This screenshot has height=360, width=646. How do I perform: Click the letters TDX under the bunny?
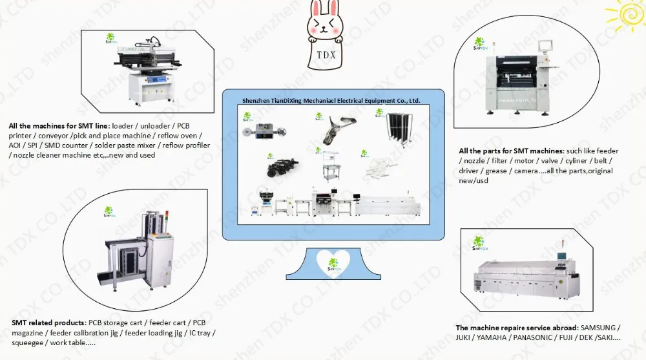(x=325, y=54)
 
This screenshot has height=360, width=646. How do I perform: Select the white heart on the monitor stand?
(x=333, y=262)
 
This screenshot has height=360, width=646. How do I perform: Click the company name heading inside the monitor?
(x=330, y=101)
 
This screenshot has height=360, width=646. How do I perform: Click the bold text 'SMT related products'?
(x=48, y=322)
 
